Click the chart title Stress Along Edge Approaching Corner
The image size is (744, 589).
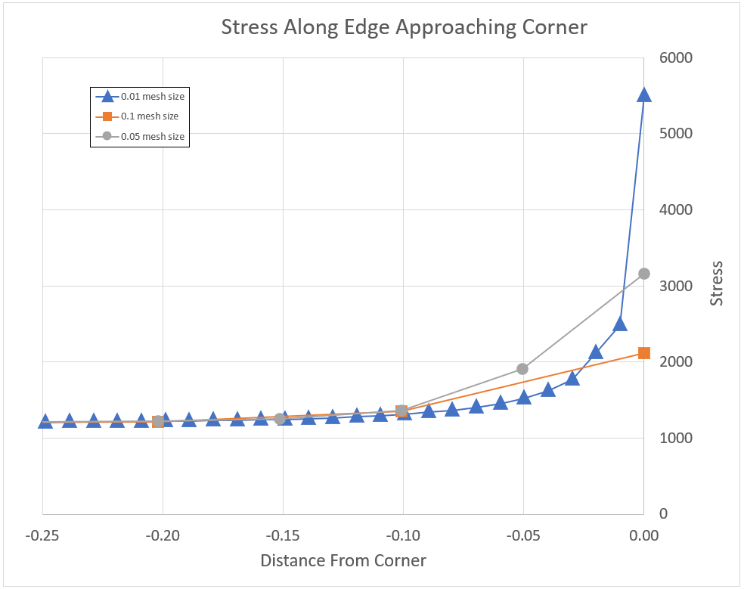click(x=404, y=27)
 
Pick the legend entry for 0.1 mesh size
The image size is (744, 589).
click(x=150, y=116)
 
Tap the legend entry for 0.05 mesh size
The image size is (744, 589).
click(x=153, y=137)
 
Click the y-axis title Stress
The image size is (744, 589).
click(x=717, y=284)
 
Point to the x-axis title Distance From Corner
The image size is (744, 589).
click(x=343, y=561)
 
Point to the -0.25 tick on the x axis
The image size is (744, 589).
click(x=42, y=535)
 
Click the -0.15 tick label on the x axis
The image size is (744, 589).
click(x=283, y=535)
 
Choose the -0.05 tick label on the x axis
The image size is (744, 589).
click(x=522, y=535)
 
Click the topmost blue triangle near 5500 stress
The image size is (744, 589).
click(x=644, y=95)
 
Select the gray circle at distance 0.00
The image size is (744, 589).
click(x=644, y=274)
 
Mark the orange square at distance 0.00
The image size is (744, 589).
click(x=644, y=353)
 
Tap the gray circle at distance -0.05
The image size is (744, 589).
click(x=522, y=369)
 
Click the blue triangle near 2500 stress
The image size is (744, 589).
click(x=620, y=324)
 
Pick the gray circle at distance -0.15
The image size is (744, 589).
click(x=280, y=419)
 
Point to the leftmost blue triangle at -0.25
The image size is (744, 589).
click(x=45, y=421)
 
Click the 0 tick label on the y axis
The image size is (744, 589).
click(x=664, y=514)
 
